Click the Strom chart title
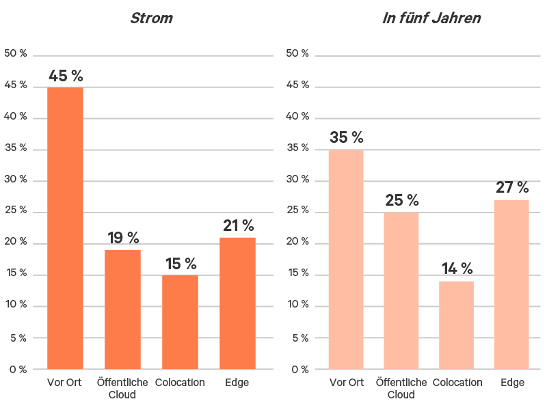click(x=151, y=18)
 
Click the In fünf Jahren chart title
click(x=431, y=18)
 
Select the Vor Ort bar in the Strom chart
click(x=65, y=228)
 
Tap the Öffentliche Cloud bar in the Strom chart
click(x=122, y=310)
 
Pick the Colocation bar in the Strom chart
click(x=180, y=323)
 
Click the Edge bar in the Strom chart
click(x=237, y=303)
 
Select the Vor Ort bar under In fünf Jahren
click(x=346, y=260)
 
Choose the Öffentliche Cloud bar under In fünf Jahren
click(x=401, y=291)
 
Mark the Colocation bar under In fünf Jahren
click(x=457, y=325)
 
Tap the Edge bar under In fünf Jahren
click(x=511, y=284)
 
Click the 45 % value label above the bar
click(x=66, y=76)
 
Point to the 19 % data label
click(x=123, y=238)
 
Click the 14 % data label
click(x=457, y=269)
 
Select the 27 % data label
click(x=511, y=187)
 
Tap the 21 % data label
click(x=238, y=225)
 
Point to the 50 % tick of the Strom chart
click(x=15, y=54)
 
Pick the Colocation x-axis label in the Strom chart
click(x=180, y=383)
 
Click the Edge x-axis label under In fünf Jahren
click(x=511, y=383)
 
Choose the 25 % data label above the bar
click(x=401, y=200)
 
